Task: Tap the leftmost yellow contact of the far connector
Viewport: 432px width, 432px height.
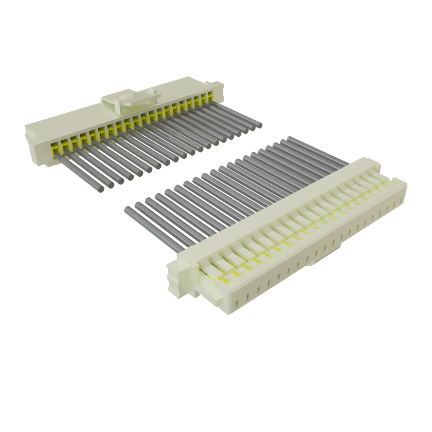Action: (54, 148)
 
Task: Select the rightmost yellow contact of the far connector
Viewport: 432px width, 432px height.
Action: (210, 93)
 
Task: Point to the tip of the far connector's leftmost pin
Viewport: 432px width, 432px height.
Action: (101, 189)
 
